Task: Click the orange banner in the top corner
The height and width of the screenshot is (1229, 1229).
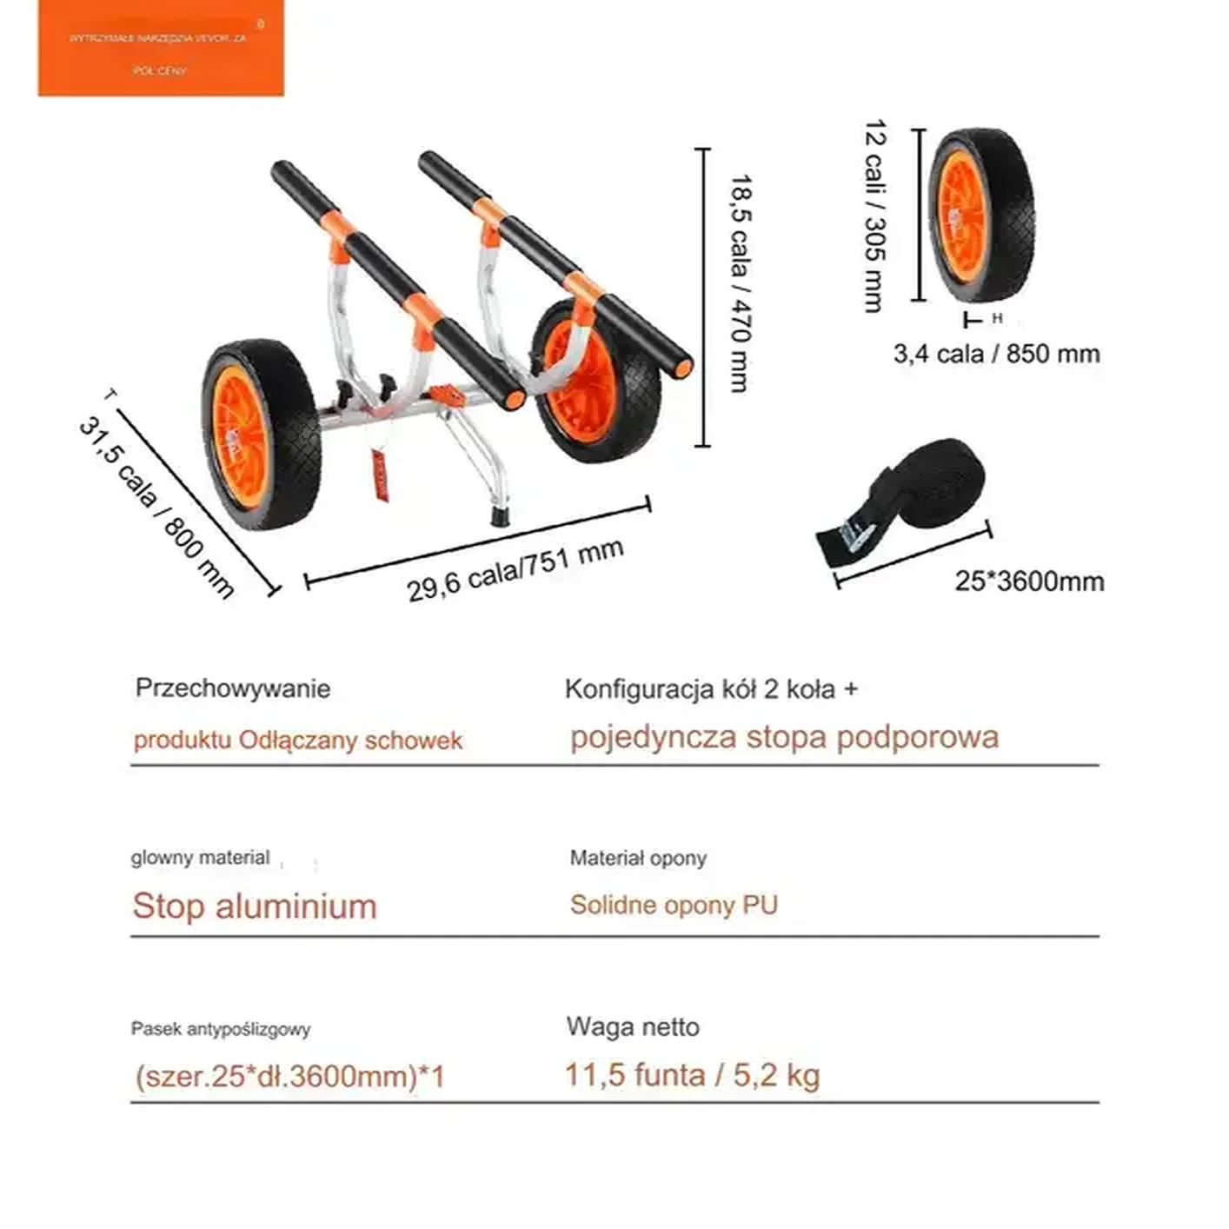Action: point(161,49)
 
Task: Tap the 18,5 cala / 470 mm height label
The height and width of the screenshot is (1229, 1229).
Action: point(741,283)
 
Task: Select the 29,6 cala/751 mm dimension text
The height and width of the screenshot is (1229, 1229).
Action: point(515,570)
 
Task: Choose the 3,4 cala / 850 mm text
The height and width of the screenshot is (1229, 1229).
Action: point(996,354)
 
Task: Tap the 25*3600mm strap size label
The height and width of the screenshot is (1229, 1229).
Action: point(1029,581)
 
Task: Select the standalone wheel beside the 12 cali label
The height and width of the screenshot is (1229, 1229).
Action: point(981,216)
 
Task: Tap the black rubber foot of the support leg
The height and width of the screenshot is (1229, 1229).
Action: point(501,517)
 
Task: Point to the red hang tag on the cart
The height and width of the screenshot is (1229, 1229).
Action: point(380,475)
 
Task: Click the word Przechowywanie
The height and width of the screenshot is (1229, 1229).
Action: point(233,688)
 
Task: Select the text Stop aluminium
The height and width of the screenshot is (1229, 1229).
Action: point(255,906)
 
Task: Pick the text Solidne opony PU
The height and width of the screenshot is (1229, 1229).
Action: point(674,905)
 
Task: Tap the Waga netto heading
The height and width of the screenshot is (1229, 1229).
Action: point(633,1026)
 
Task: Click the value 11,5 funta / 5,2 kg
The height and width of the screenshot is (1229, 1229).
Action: point(693,1075)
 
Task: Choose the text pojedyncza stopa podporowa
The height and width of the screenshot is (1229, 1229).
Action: point(784,737)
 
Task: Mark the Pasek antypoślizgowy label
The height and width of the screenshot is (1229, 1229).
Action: point(221,1029)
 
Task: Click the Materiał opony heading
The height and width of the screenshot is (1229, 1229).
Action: point(638,859)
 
